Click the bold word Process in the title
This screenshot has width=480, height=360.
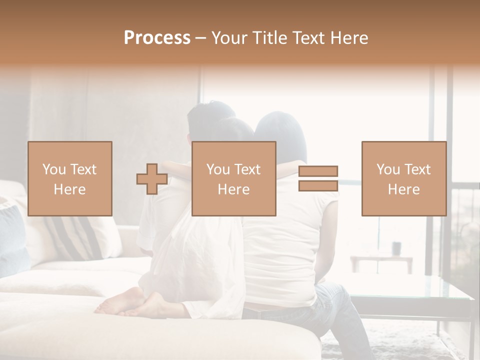point(157,38)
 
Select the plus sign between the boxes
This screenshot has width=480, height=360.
point(152,179)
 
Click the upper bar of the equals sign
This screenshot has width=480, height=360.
point(318,171)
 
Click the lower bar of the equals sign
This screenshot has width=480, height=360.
point(318,185)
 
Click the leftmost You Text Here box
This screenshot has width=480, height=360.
point(69,179)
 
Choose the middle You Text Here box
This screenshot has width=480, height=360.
point(233,179)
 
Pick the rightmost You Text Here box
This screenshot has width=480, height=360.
point(403,179)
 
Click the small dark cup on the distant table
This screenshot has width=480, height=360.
point(396,248)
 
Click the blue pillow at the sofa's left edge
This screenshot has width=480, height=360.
point(12,240)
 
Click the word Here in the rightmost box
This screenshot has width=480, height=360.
point(403,189)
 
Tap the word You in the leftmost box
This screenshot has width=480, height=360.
point(53,169)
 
